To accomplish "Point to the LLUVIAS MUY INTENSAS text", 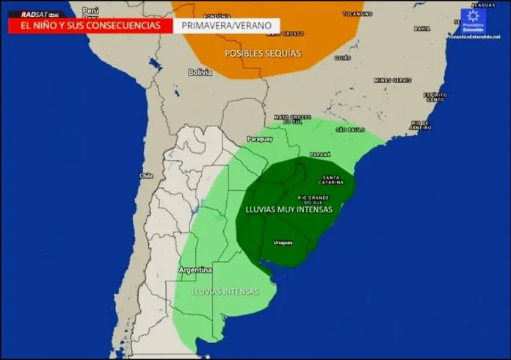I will pyautogui.click(x=289, y=209).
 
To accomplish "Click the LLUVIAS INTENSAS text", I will pyautogui.click(x=225, y=292).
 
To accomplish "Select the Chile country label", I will pyautogui.click(x=145, y=176).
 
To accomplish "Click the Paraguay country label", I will pyautogui.click(x=260, y=139).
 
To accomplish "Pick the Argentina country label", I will pyautogui.click(x=195, y=270).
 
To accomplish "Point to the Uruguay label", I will pyautogui.click(x=283, y=242).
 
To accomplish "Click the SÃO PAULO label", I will pyautogui.click(x=350, y=130).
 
